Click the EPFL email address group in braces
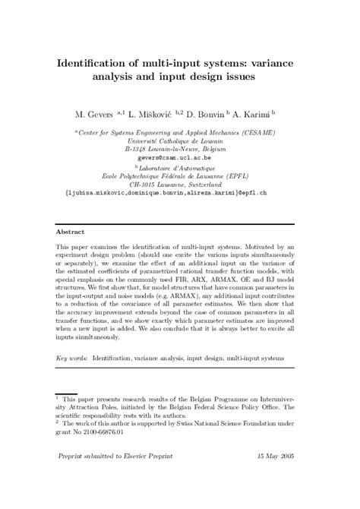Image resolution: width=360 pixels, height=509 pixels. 180,194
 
